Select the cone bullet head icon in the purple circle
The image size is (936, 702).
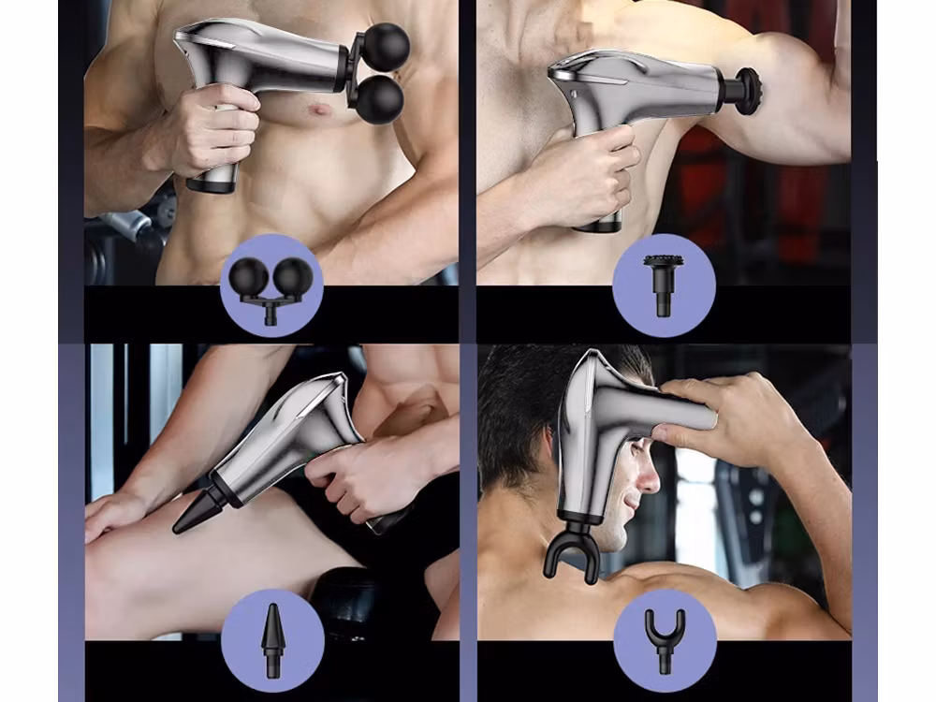[x=271, y=638]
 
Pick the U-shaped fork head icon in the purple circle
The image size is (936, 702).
[x=665, y=638]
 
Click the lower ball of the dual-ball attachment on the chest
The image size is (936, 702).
[x=379, y=99]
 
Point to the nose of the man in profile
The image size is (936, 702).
[x=649, y=482]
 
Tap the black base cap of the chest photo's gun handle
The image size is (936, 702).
[x=212, y=185]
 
